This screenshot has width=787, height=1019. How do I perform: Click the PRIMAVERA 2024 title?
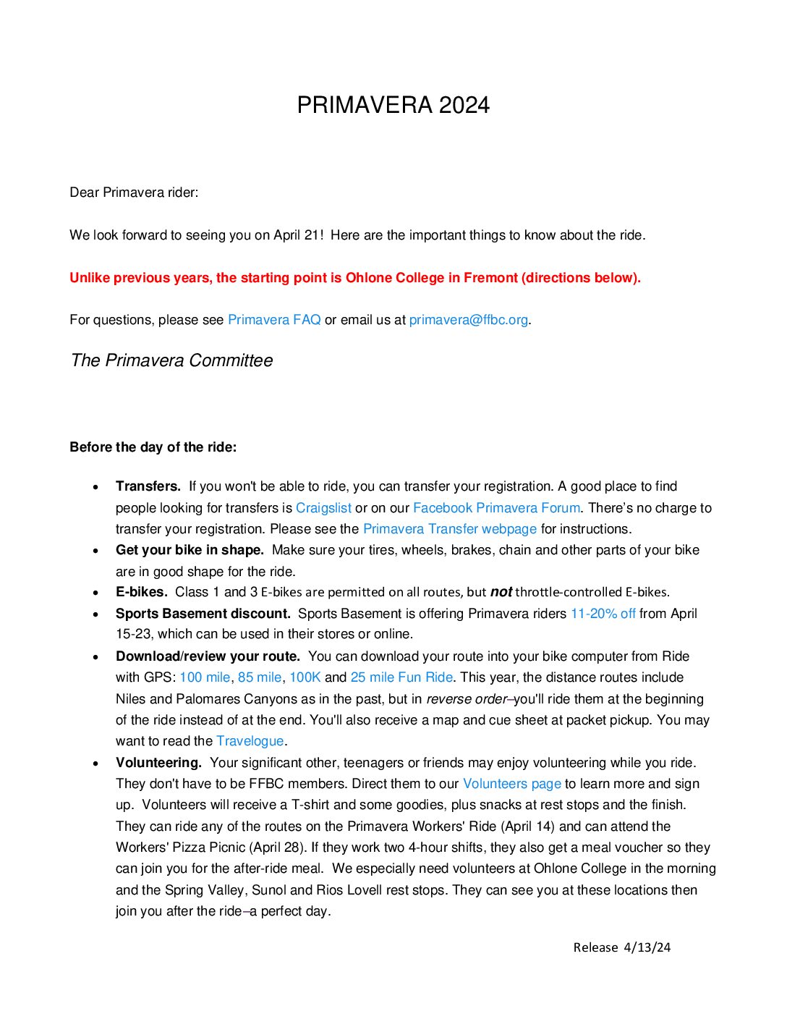tap(393, 105)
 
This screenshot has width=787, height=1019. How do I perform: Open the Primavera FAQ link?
tap(274, 320)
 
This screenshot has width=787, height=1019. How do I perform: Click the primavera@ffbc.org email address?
tap(468, 320)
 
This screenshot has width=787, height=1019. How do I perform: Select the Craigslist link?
tap(323, 508)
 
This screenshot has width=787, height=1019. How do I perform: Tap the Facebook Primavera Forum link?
tap(496, 508)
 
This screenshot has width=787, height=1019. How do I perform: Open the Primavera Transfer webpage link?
tap(450, 529)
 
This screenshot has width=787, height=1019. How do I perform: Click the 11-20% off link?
tap(603, 614)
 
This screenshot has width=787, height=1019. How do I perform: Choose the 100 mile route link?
tap(205, 677)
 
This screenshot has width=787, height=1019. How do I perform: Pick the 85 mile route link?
tap(260, 677)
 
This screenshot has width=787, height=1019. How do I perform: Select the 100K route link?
tap(305, 677)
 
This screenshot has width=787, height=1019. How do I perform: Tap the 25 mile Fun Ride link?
tap(401, 677)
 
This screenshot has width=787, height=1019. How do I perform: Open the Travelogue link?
tap(250, 741)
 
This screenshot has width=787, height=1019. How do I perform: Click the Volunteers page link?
tap(512, 784)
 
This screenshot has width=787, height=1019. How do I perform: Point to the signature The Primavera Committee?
tap(171, 360)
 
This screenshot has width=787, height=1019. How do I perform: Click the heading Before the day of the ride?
tap(153, 447)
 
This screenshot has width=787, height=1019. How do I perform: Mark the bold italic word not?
tap(501, 592)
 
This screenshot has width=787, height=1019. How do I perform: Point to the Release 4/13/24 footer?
tap(621, 947)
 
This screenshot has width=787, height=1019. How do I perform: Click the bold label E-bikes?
tap(142, 592)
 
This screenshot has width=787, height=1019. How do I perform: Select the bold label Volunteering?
tap(158, 763)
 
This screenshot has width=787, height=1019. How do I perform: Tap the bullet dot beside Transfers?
tap(95, 488)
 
